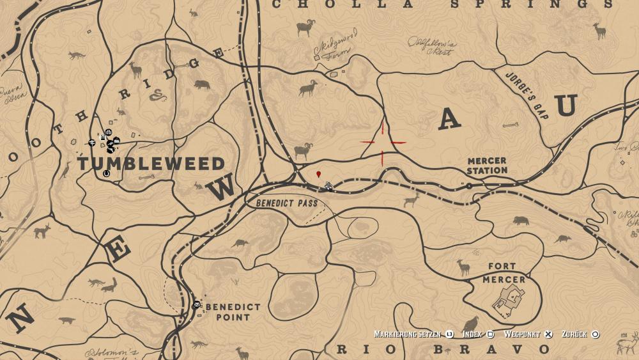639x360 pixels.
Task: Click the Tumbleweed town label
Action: coord(151,163)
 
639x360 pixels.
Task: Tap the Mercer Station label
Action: coord(487,166)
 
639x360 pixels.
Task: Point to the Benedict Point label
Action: coord(233,312)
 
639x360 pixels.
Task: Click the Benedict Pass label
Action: coord(287,203)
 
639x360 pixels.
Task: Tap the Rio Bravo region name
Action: coord(443,349)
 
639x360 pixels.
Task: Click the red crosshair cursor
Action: coord(383,142)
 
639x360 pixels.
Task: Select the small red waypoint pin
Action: coord(319,174)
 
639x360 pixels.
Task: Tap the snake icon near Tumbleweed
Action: coord(157,96)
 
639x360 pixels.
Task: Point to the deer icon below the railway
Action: coord(411,201)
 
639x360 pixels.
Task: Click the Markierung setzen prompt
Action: coord(409,334)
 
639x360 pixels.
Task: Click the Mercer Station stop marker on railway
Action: coord(469,185)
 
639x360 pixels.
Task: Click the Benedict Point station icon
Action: coord(197,304)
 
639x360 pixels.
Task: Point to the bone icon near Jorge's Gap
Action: coord(509,125)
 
